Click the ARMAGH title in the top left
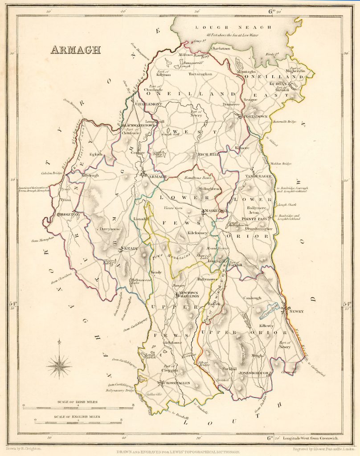click(x=76, y=49)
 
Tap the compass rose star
click(x=59, y=366)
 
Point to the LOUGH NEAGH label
click(x=233, y=27)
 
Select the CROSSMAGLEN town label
click(x=177, y=383)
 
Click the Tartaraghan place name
click(x=200, y=74)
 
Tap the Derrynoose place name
click(x=110, y=229)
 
